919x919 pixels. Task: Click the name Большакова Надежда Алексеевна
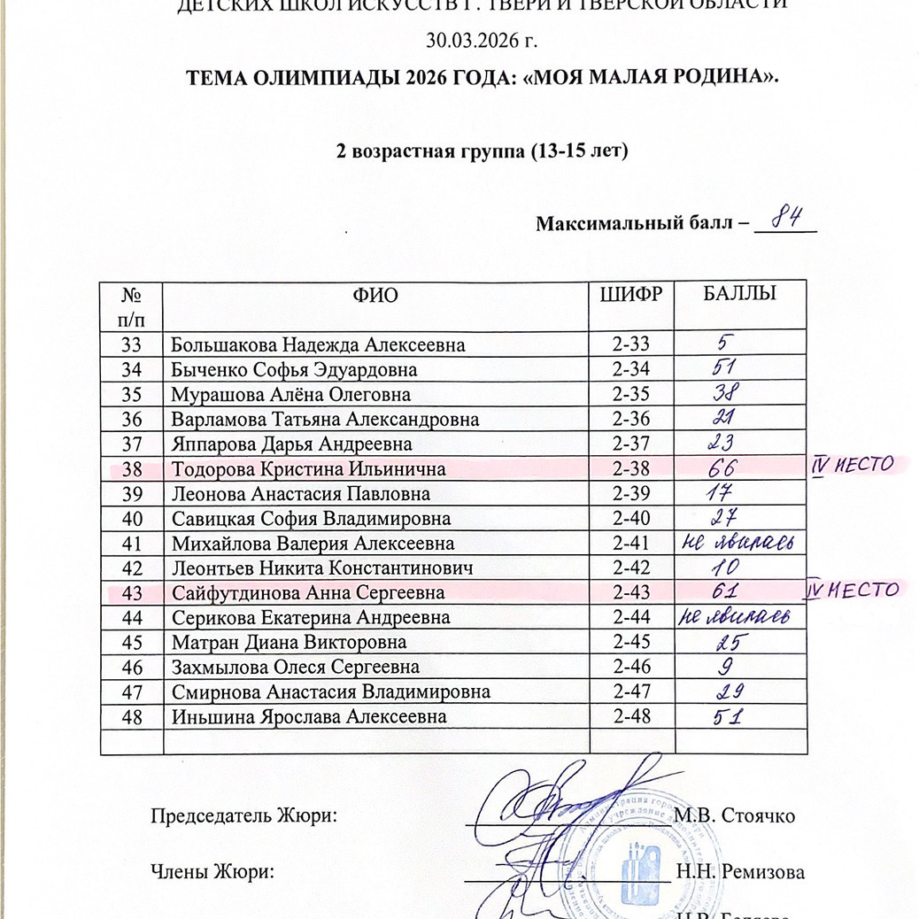(x=318, y=345)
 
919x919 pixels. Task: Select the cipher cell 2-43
(x=630, y=593)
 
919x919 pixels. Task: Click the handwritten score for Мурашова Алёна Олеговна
(x=727, y=394)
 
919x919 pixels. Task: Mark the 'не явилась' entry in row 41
(x=740, y=543)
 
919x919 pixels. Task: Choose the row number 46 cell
(x=132, y=667)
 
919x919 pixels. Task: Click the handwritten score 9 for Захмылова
(x=723, y=666)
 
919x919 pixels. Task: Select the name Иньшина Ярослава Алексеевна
(x=309, y=716)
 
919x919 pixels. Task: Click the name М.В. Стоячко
(x=734, y=815)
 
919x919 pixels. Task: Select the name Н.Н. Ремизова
(x=739, y=873)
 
